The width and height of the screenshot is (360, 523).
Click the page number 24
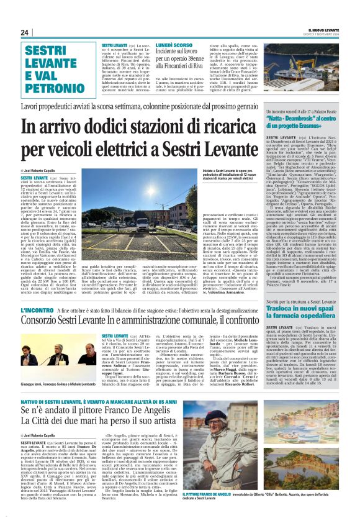click(x=24, y=32)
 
